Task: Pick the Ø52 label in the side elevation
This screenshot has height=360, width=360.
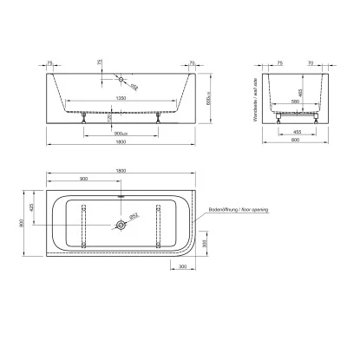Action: coord(134,85)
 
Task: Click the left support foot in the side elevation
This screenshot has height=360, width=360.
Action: coord(83,120)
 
